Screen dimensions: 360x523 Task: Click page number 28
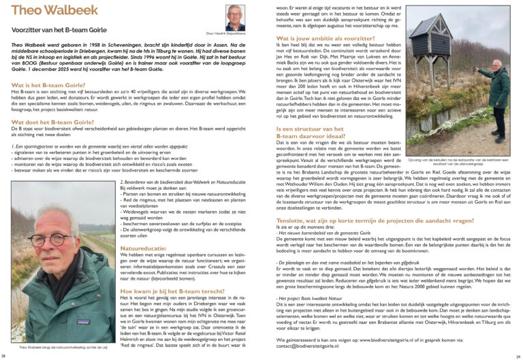coord(5,355)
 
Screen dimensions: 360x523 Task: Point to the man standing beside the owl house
coord(498,95)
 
